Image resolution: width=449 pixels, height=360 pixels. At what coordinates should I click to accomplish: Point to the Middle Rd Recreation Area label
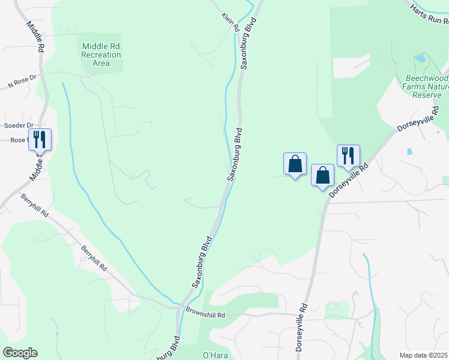tap(101, 54)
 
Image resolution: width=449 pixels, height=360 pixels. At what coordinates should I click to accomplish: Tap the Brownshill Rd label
tap(205, 314)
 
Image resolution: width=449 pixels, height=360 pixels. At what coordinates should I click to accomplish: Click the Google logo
tap(20, 353)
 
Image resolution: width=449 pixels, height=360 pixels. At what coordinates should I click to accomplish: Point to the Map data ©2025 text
tap(423, 355)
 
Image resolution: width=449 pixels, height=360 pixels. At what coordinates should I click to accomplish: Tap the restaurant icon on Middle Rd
tap(40, 139)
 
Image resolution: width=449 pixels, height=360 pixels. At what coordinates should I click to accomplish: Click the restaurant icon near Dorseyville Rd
tap(348, 155)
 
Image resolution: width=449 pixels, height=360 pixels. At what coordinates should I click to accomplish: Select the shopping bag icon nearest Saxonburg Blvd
tap(295, 163)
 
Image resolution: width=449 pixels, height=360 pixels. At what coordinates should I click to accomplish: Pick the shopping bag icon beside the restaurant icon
tap(322, 175)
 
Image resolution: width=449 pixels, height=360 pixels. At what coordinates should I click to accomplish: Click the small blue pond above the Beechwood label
tap(420, 59)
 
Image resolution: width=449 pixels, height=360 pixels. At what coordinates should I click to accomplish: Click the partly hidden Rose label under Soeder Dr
tap(17, 140)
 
